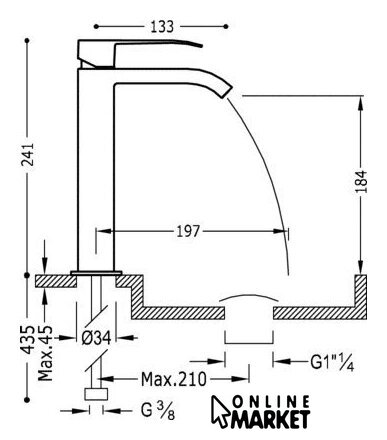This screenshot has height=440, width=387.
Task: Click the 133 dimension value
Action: click(162, 26)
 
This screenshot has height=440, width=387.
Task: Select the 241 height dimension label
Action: click(27, 154)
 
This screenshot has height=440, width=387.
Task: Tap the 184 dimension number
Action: click(361, 181)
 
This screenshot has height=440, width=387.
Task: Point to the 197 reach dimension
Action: click(188, 231)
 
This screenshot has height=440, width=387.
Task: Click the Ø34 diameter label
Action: click(96, 338)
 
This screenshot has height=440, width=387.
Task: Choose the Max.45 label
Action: click(45, 353)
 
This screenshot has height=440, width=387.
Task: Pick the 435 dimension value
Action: click(28, 339)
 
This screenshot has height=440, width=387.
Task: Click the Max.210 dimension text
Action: click(174, 379)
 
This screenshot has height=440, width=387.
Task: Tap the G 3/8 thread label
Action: click(158, 411)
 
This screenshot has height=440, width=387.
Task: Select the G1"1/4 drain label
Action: click(332, 362)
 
